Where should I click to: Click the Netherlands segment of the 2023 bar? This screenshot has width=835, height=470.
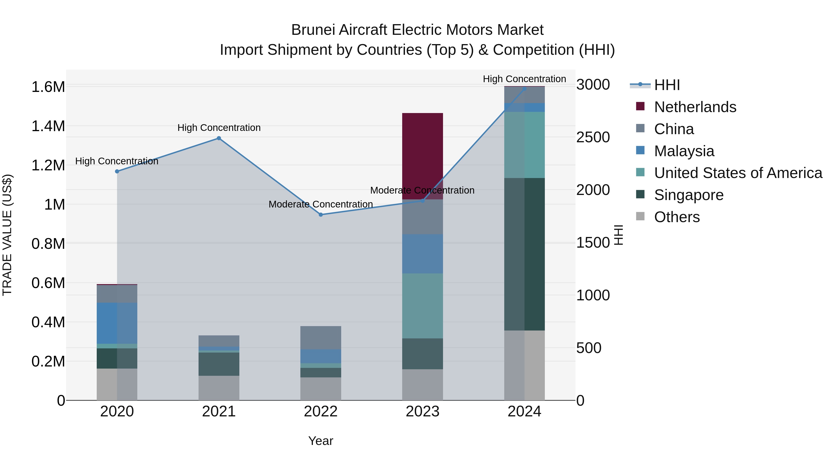tap(422, 156)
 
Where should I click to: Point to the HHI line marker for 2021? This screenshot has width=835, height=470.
tap(219, 138)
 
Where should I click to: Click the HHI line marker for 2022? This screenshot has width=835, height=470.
tap(321, 214)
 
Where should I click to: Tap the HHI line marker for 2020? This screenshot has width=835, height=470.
tap(117, 171)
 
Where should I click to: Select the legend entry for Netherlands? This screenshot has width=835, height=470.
tap(695, 107)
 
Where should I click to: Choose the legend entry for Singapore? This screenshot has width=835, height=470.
tap(688, 195)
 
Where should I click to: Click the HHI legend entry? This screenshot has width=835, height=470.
tap(666, 85)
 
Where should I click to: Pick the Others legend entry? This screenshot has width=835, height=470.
tap(677, 217)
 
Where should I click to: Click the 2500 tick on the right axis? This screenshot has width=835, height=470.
tap(593, 137)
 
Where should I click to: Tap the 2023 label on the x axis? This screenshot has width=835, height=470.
tap(422, 412)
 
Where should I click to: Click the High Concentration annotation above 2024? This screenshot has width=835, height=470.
tap(524, 79)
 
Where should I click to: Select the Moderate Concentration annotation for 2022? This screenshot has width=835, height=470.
tap(321, 204)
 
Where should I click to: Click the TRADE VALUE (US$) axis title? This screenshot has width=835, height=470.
tap(7, 235)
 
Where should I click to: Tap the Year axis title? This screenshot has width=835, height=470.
tap(321, 441)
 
